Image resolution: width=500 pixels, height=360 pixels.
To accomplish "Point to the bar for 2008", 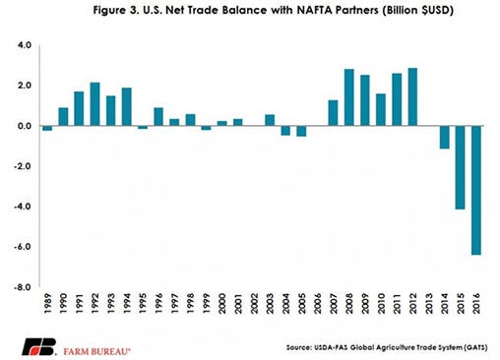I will click(348, 97).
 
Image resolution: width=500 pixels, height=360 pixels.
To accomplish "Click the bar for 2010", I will click(381, 109).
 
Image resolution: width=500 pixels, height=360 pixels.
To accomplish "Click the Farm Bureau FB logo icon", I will click(36, 343).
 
